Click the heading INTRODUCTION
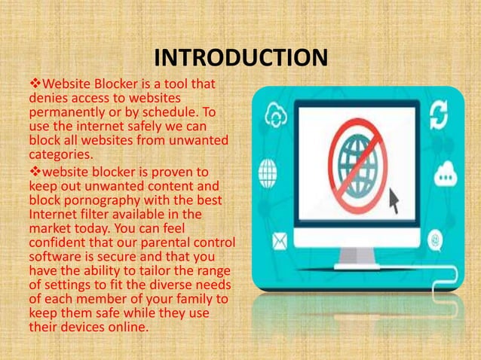(x=240, y=58)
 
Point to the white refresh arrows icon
(x=438, y=118)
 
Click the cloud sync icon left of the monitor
(x=273, y=117)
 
